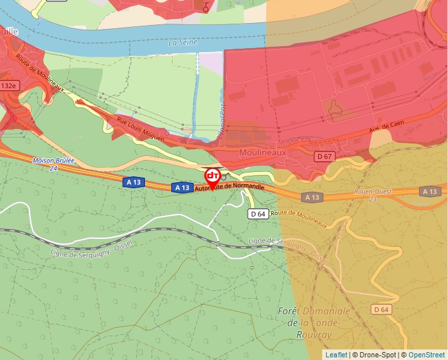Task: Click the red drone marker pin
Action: [x=213, y=177]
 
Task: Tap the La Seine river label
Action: [x=183, y=42]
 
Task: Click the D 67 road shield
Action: [x=324, y=157]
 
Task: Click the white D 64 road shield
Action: [x=258, y=214]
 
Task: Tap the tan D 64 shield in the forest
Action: [x=381, y=309]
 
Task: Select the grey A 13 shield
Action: [x=313, y=197]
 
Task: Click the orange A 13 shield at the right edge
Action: [x=430, y=192]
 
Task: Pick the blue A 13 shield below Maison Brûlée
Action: [x=133, y=182]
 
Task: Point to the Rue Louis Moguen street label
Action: [x=140, y=128]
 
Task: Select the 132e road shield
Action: [x=9, y=86]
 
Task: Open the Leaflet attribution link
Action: [x=336, y=355]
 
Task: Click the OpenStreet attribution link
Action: [x=427, y=355]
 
